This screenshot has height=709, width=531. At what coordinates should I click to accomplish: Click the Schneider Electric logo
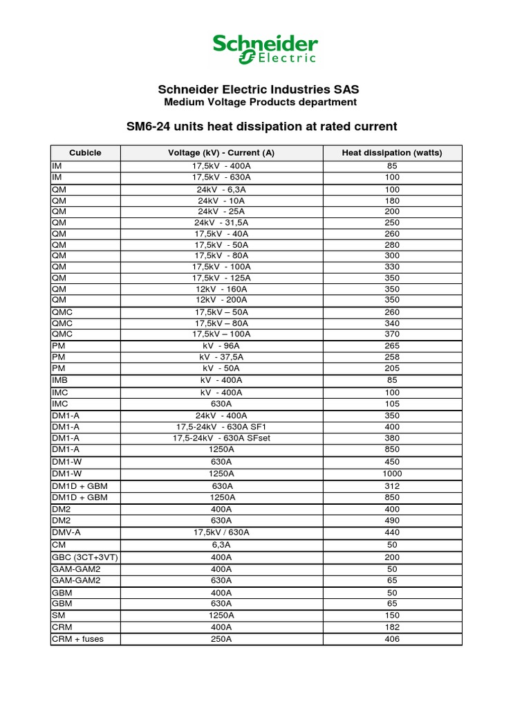pos(265,49)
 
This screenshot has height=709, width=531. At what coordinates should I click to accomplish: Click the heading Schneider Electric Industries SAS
pos(259,90)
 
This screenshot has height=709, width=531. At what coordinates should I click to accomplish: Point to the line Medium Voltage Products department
pos(260,102)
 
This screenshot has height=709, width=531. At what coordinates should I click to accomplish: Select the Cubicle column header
pos(85,153)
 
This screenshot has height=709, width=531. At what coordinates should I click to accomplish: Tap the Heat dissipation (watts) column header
pos(392,153)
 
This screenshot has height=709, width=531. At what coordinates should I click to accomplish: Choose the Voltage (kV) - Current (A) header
pos(221,153)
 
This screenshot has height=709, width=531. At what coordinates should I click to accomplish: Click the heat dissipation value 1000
pos(392,474)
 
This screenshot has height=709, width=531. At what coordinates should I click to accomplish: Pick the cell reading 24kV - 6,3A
pos(221,190)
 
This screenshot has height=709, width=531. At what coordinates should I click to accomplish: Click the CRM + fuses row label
pos(77,638)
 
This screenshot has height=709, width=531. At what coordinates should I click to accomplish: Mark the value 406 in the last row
pos(392,638)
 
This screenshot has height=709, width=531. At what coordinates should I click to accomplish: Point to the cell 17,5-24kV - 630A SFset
pos(221,438)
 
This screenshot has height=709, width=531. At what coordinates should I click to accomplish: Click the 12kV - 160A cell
pos(221,289)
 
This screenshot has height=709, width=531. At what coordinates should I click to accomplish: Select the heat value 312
pos(392,486)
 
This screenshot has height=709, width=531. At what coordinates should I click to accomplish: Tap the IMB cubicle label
pos(59,380)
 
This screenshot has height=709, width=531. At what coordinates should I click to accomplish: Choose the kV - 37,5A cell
pos(221,357)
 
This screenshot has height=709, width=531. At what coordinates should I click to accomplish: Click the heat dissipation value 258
pos(392,357)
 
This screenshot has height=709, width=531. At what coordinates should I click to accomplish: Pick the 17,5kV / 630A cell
pos(221,532)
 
